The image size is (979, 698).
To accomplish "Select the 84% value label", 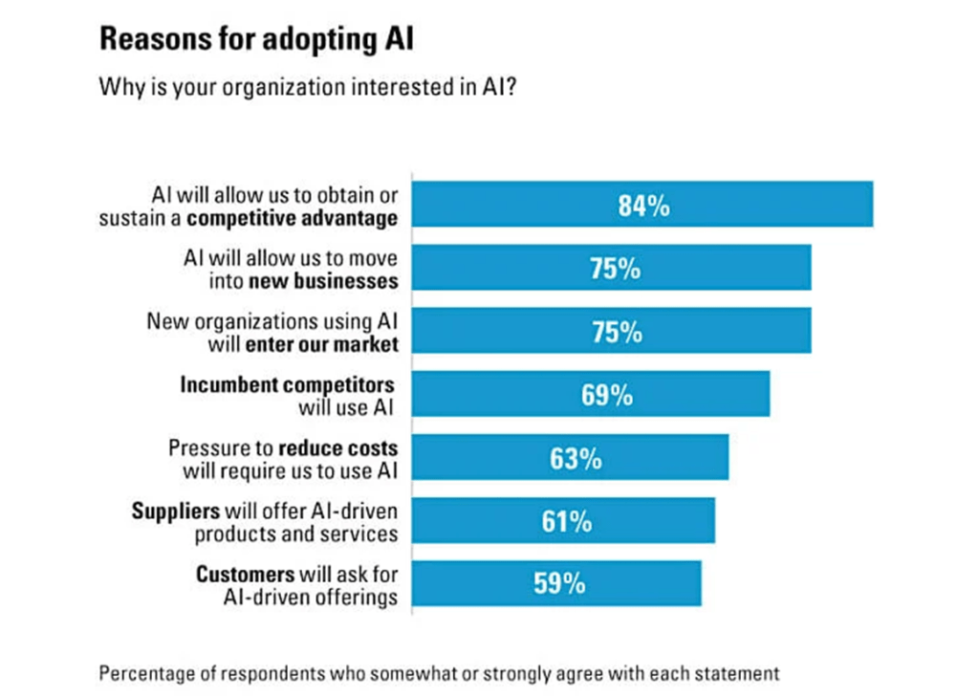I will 643,206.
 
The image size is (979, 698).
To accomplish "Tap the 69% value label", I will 606,395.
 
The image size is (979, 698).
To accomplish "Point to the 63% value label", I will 576,458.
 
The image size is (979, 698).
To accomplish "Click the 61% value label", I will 567,521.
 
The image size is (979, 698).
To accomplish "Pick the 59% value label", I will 559,583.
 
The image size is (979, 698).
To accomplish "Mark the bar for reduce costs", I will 669,457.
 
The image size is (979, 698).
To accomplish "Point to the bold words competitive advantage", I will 292,218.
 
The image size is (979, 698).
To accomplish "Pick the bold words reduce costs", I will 337,447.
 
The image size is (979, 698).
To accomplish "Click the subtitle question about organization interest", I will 309,89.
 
